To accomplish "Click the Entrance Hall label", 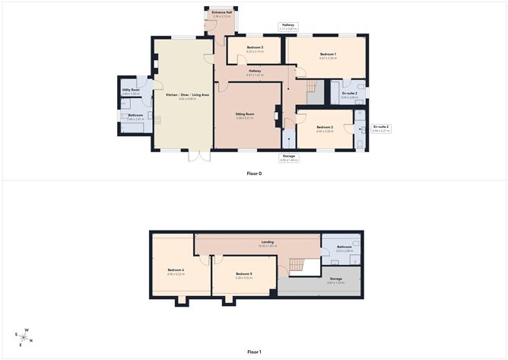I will pos(221,14).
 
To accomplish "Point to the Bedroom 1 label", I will pos(327,54).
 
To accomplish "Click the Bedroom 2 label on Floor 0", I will pos(324,127).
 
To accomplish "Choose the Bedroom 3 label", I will pos(255,48).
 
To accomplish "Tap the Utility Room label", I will pos(131,90).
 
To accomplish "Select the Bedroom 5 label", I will pos(243,274).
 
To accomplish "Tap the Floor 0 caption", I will pos(253,174).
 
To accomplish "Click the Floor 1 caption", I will pos(253,352).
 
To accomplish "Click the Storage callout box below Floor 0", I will pos(289,158).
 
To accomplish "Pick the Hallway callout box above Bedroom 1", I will pos(288,27).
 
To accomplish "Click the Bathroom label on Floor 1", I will pos(344,247).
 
